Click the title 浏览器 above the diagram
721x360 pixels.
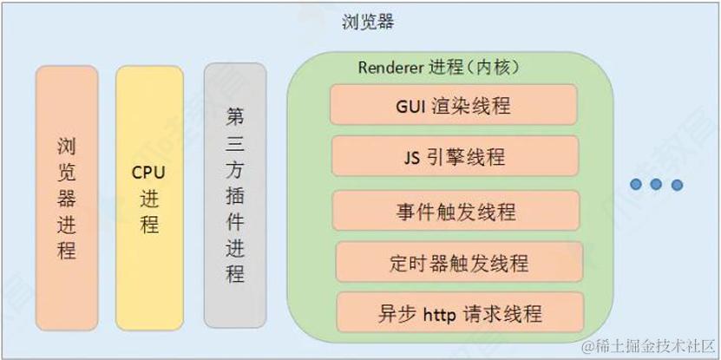[x=368, y=23]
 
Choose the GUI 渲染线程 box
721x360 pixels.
[x=454, y=106]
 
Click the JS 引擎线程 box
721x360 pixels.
[x=454, y=158]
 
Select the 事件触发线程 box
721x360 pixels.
[x=455, y=211]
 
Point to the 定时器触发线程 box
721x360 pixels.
[x=459, y=261]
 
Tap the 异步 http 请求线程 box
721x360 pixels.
[x=459, y=311]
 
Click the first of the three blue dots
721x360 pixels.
[x=637, y=184]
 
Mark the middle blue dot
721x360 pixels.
[x=657, y=184]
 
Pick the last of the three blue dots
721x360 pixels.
[x=677, y=184]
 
